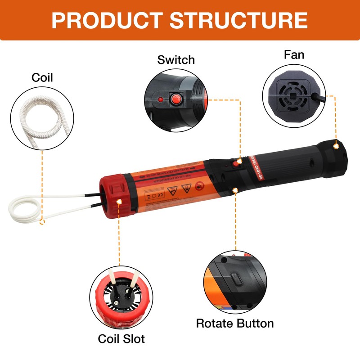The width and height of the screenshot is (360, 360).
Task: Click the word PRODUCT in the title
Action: (106, 20)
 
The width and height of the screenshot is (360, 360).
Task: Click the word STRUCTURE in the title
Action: (239, 20)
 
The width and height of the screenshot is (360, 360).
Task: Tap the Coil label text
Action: (42, 77)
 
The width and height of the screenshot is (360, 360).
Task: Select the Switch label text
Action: (176, 60)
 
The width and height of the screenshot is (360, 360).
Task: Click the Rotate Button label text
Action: (235, 323)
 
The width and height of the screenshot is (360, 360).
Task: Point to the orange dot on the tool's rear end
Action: (336, 146)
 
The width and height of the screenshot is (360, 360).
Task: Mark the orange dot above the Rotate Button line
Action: (235, 191)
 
